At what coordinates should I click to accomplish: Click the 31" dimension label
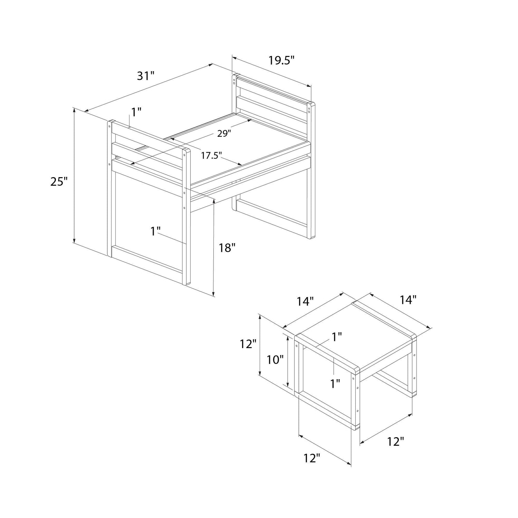pos(145,76)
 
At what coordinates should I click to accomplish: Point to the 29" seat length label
pos(224,134)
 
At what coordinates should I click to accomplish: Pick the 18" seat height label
pos(227,247)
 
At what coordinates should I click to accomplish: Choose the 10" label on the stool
pos(275,360)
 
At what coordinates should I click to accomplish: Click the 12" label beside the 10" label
pos(248,344)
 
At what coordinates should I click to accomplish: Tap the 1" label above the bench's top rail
pos(136,112)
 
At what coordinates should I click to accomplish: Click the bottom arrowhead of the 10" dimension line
pos(287,384)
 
